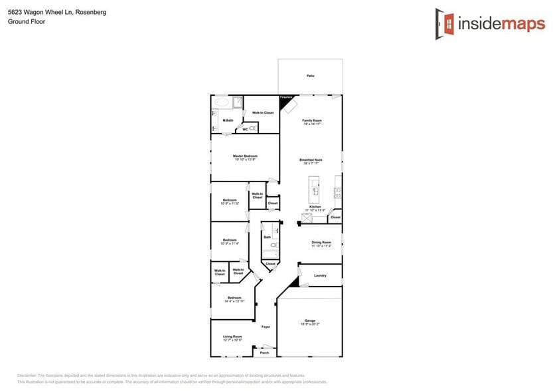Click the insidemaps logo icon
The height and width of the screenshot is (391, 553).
click(445, 24)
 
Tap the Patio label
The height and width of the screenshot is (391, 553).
click(310, 76)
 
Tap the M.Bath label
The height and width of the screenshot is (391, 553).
click(228, 120)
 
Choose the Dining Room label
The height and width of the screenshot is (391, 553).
click(321, 244)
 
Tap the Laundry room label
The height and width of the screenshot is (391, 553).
click(320, 275)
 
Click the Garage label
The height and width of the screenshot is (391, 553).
click(310, 322)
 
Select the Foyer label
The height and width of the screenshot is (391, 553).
click(266, 327)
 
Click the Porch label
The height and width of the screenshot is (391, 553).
click(264, 353)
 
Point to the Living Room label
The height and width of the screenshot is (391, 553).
click(232, 338)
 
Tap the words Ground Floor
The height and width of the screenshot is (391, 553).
click(22, 21)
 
